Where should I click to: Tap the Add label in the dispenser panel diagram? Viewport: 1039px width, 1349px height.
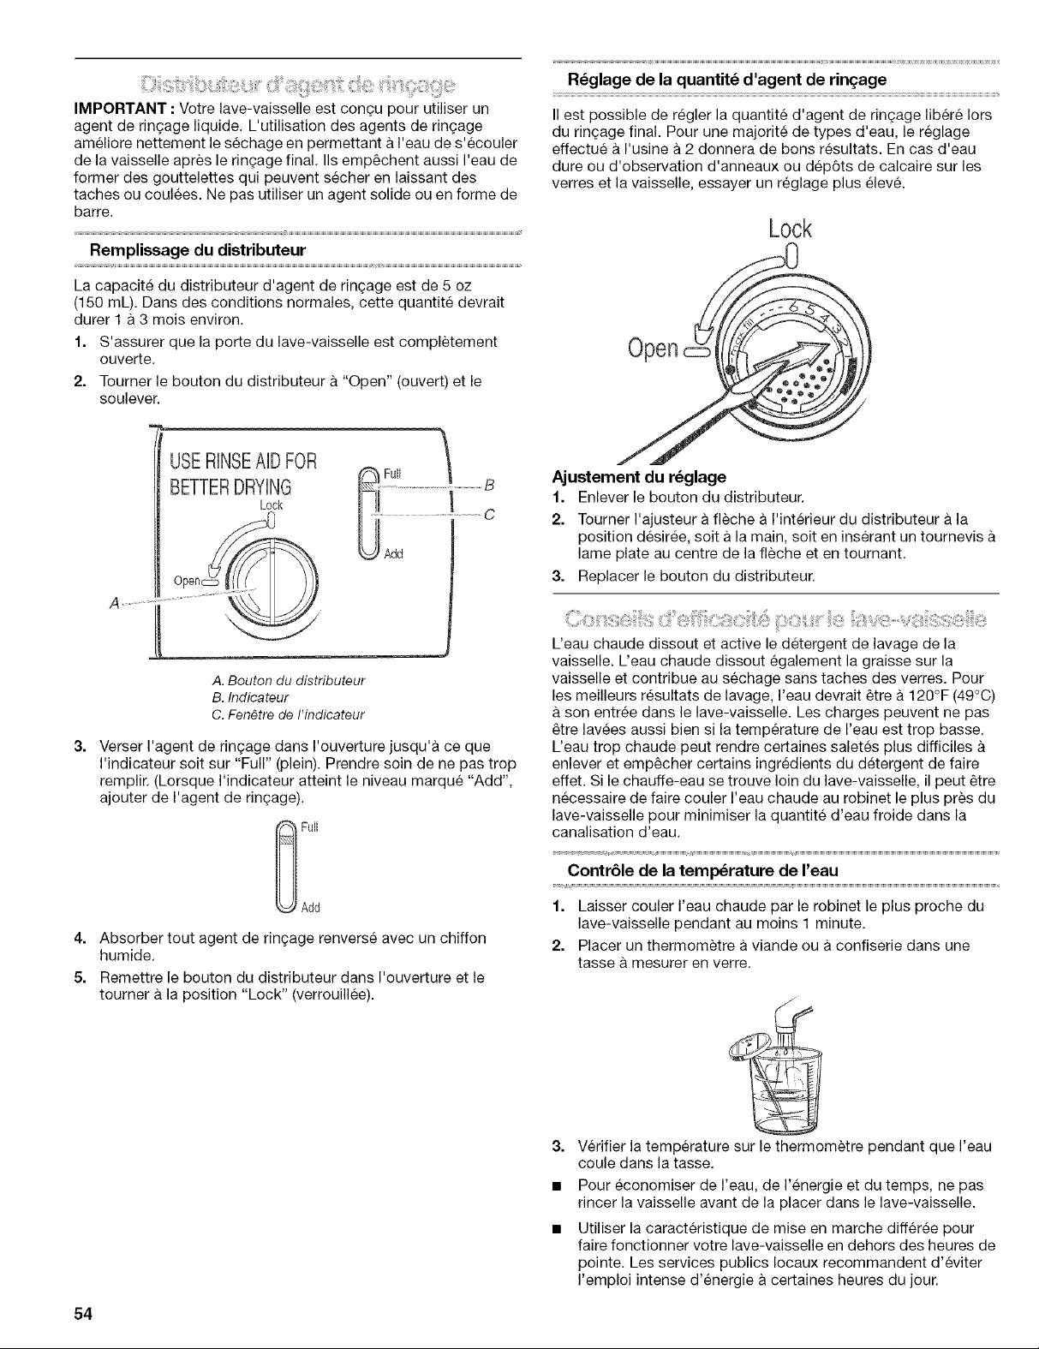click(x=394, y=552)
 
